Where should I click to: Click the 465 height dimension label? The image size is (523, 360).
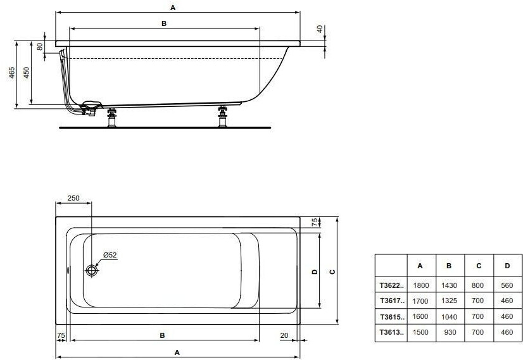tap(12, 73)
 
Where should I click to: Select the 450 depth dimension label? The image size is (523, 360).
tap(27, 73)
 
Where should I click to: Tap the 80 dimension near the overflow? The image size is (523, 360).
tap(40, 47)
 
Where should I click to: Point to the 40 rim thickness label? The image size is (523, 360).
tap(320, 29)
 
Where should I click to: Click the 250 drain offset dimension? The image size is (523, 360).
tap(73, 198)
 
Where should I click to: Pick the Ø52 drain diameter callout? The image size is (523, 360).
tap(110, 255)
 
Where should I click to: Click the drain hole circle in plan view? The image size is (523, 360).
tap(91, 270)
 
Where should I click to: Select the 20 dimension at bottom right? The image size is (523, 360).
tap(284, 335)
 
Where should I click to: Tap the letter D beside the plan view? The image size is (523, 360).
tap(314, 272)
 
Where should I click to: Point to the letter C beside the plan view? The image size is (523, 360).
tap(332, 272)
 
